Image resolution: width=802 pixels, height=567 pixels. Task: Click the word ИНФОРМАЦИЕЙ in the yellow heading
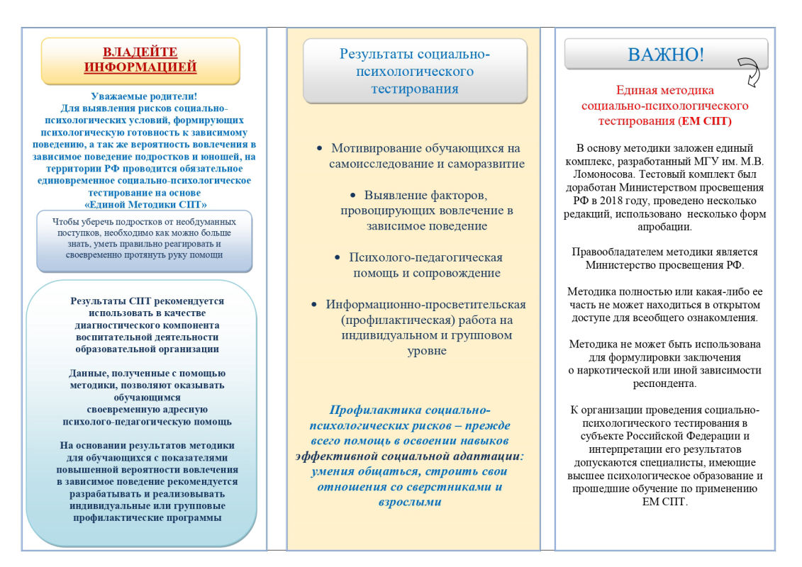coord(140,67)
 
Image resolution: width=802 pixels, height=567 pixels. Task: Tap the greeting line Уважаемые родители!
coord(144,96)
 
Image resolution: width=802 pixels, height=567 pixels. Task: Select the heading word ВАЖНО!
coord(665,55)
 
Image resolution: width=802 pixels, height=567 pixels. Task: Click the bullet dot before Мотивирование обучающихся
coord(319,148)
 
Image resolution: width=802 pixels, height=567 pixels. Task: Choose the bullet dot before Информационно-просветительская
coord(314,304)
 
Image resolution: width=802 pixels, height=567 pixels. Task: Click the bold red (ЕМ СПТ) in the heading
coord(705,121)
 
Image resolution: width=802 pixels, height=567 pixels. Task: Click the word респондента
coord(664,383)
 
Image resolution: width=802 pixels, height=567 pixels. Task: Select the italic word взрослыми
coord(406,503)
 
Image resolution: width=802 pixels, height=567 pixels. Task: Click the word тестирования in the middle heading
coord(415,89)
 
